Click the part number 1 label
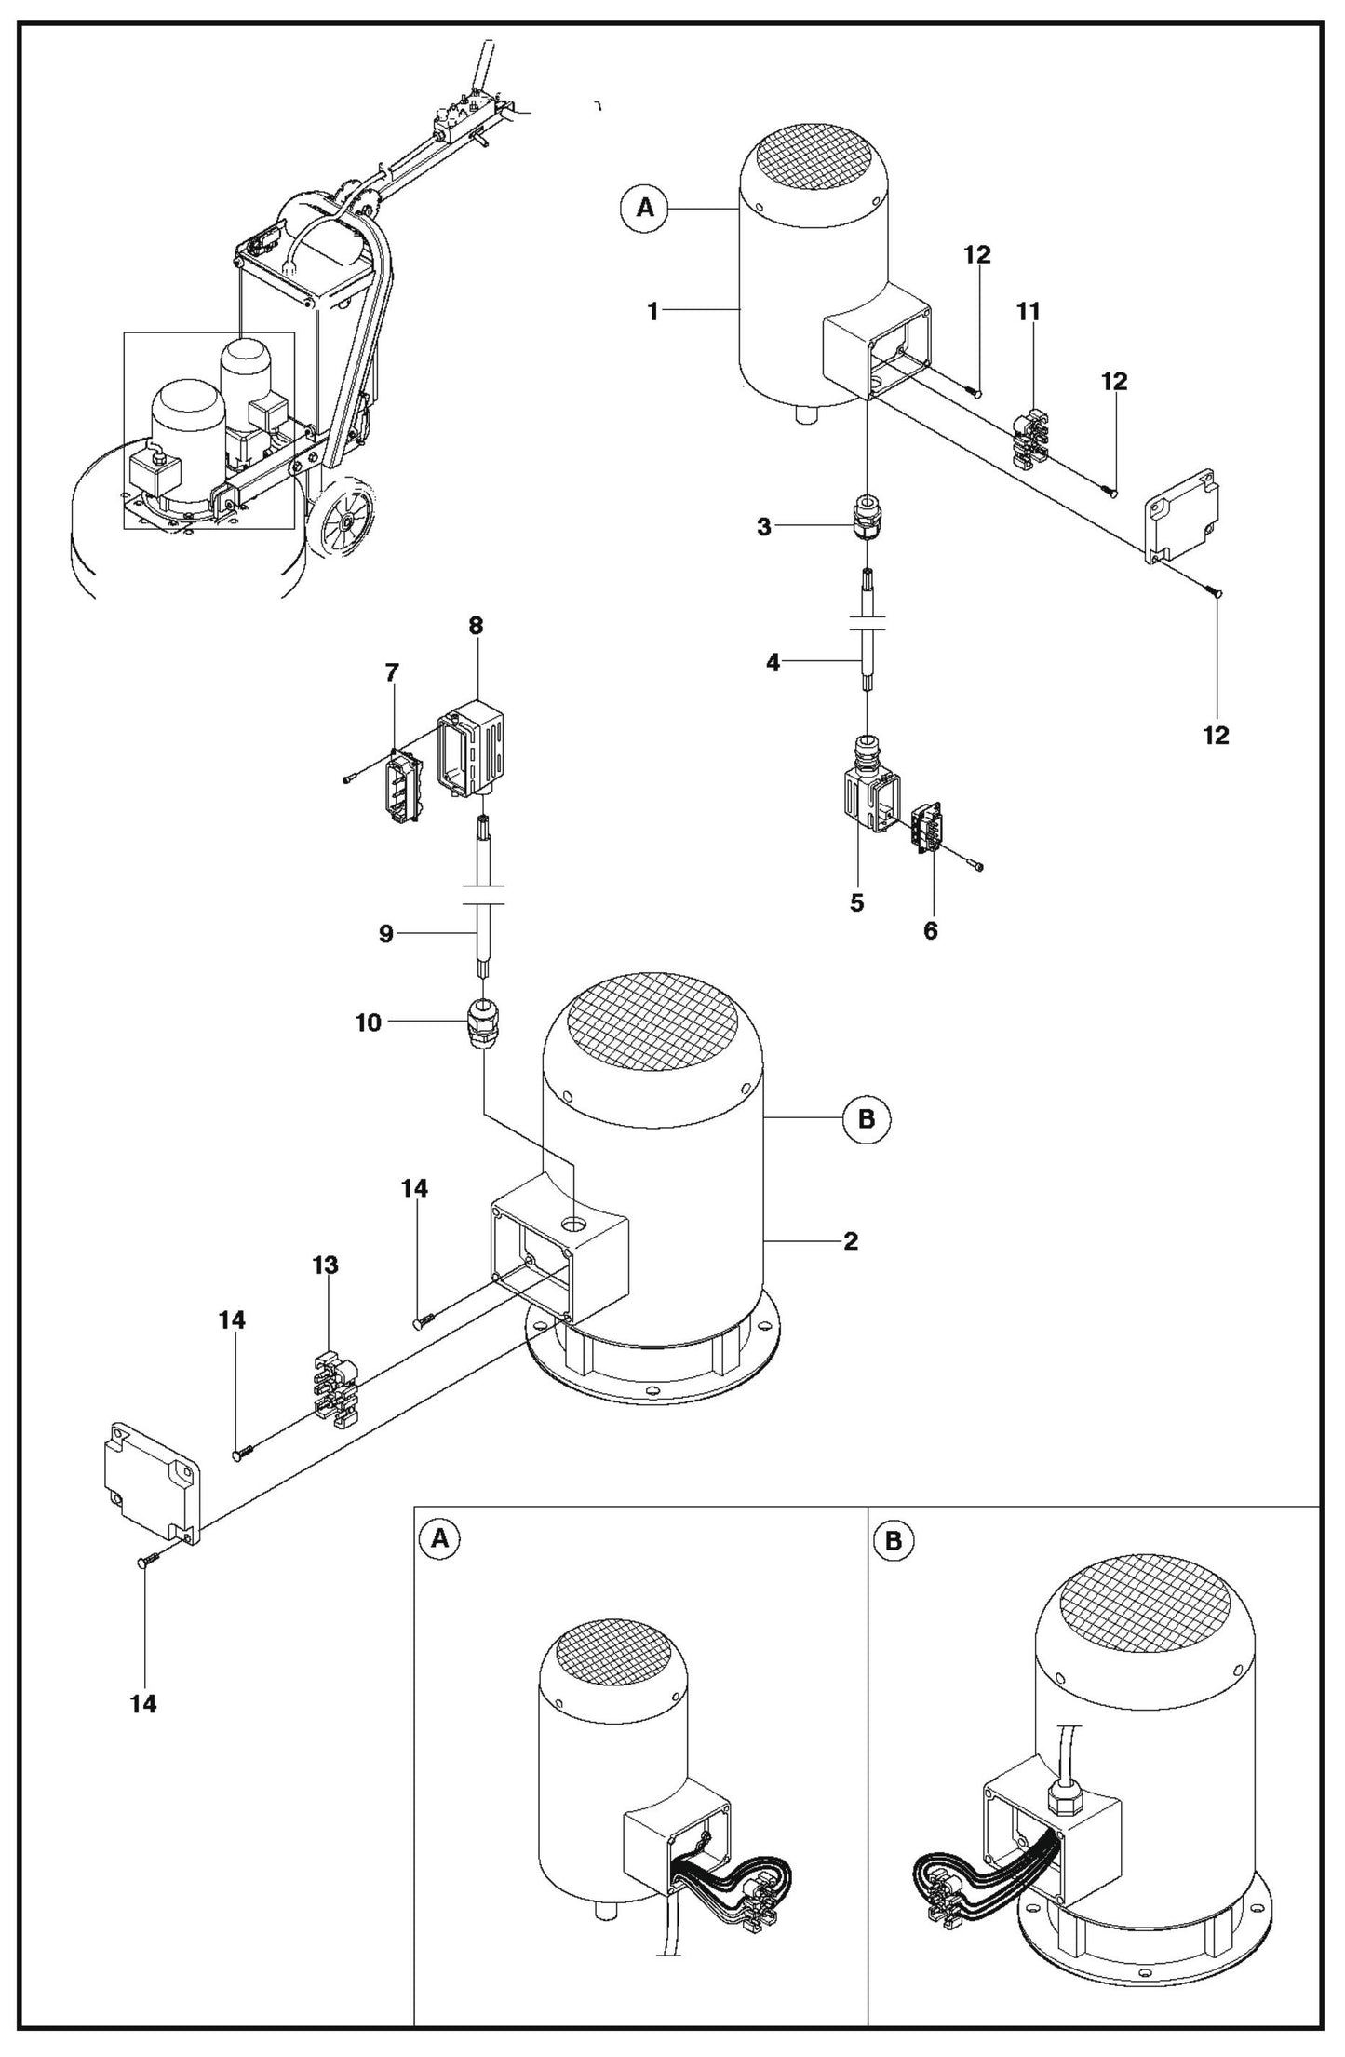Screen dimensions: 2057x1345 653,312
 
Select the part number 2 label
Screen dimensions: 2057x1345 850,1241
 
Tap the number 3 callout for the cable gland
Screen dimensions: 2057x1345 764,527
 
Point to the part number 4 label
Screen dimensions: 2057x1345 773,663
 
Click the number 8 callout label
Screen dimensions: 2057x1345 476,626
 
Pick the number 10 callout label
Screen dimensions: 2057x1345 369,1022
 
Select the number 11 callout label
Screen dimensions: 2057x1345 1029,312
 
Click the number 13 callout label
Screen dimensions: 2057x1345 326,1265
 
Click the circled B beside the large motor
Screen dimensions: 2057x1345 867,1118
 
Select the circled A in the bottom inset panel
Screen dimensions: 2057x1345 441,1539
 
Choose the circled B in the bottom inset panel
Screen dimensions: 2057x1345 894,1541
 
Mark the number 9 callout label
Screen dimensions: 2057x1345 386,933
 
